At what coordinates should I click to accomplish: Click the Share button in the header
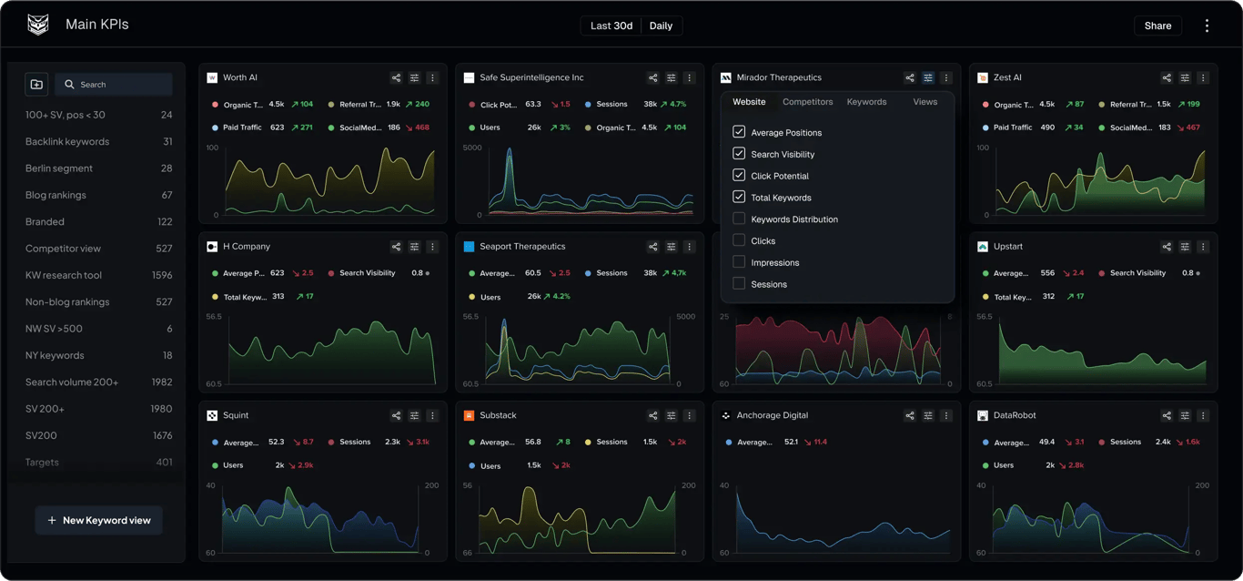point(1157,25)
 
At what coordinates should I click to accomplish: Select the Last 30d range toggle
point(611,25)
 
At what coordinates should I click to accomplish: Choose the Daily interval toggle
point(661,25)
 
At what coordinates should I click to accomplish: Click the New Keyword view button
point(99,520)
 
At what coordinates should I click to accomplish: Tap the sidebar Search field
point(114,85)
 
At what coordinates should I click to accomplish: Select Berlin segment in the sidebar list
point(59,168)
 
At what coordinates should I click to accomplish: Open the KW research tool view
point(64,275)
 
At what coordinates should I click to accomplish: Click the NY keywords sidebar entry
point(55,355)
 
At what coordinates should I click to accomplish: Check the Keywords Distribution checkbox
point(739,219)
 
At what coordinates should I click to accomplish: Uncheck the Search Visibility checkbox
point(739,154)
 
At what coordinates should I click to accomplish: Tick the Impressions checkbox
point(739,262)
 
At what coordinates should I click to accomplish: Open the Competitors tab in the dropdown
point(807,102)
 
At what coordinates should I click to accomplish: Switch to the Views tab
point(925,102)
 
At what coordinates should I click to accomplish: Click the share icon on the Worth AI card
point(396,78)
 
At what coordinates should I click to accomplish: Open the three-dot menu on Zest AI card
point(1203,78)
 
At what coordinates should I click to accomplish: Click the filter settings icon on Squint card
point(414,416)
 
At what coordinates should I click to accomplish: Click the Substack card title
point(498,415)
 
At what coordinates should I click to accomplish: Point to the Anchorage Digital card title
point(772,415)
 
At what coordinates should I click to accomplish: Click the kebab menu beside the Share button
point(1207,25)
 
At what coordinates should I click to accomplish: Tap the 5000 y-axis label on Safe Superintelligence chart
point(472,148)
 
